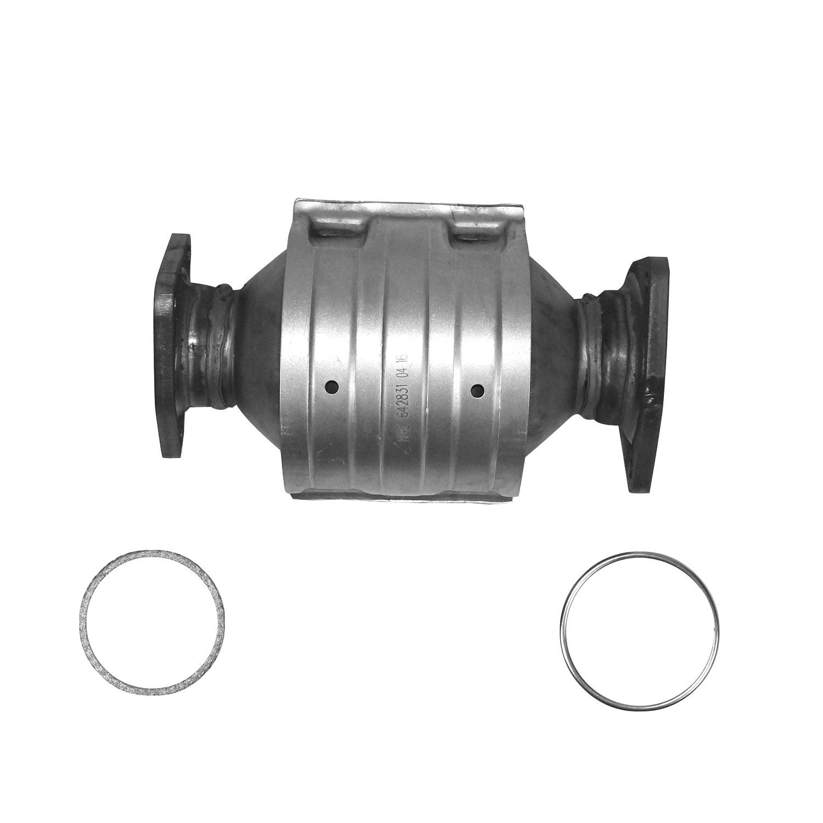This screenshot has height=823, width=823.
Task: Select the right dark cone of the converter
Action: [554, 357]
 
